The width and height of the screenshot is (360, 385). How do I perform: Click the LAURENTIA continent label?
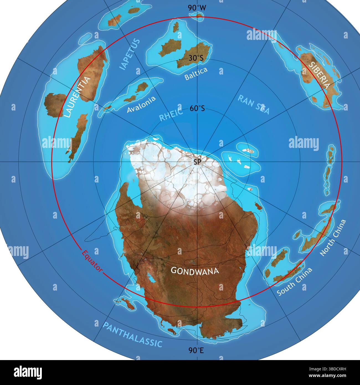pos(78,97)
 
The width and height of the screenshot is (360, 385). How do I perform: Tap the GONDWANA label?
pos(195,271)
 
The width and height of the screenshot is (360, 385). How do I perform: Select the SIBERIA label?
pos(320,75)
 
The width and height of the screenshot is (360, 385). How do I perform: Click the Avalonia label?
pos(141,104)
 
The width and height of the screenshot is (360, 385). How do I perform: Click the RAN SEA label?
pos(253,104)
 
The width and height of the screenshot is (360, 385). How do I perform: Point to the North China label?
pos(333,238)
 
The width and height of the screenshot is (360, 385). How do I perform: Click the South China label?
pos(294,281)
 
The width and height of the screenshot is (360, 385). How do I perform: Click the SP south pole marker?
pos(197,162)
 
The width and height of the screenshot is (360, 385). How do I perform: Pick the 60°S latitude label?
pos(197,109)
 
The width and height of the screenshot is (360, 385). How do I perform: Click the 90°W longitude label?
pos(197,8)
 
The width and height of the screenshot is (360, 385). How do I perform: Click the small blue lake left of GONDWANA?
pos(151,278)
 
